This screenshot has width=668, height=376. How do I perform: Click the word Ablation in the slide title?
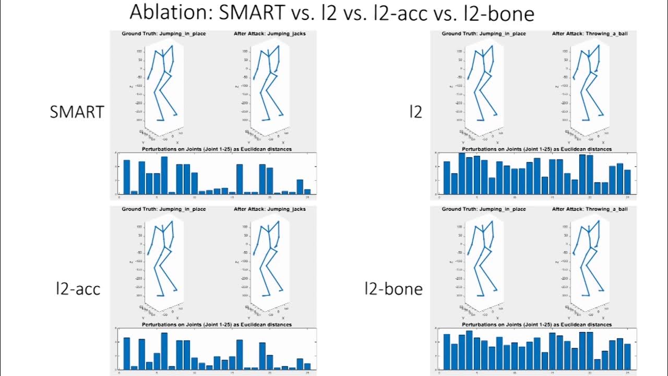tap(170, 13)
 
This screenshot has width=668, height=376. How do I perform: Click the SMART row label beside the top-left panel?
tap(77, 112)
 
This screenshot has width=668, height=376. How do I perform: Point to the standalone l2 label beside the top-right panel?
tap(415, 112)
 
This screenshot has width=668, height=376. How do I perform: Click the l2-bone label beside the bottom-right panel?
tap(393, 288)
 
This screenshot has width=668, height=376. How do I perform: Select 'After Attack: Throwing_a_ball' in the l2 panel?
tap(590, 33)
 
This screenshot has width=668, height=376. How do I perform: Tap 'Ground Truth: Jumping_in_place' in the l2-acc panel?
tap(163, 209)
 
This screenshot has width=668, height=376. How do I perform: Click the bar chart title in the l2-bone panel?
tap(537, 324)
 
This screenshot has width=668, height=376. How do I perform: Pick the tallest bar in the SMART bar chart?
tap(164, 175)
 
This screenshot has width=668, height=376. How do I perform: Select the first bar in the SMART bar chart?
tap(126, 177)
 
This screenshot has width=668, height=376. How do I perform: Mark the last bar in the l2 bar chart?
tap(627, 181)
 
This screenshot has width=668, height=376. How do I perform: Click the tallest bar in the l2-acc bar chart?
tap(164, 351)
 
